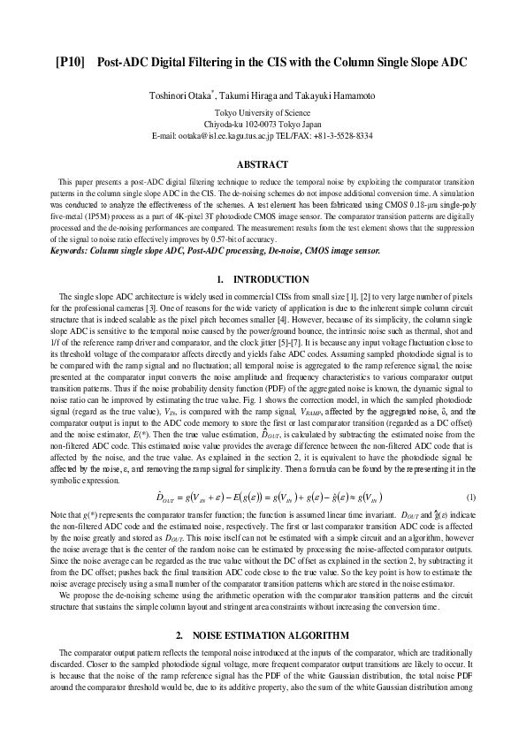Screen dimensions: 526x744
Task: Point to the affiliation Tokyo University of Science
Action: tap(263, 113)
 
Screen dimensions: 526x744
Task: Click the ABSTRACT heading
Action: tap(263, 164)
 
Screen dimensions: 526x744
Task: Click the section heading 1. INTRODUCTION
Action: tap(263, 280)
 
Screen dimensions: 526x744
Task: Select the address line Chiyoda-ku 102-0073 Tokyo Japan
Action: tap(263, 125)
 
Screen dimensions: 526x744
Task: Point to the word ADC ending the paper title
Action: tap(454, 63)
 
